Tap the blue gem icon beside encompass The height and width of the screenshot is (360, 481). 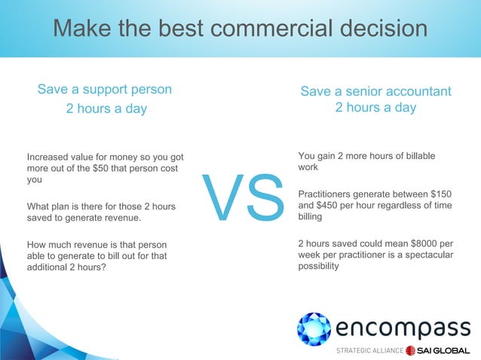pos(314,329)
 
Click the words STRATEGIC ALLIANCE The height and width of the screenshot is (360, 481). pos(368,351)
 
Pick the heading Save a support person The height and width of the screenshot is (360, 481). pos(105,90)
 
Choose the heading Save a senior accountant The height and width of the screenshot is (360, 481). pos(375,92)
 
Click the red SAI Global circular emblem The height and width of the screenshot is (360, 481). pos(412,351)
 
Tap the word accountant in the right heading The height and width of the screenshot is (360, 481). pos(418,92)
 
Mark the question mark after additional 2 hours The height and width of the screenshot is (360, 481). pos(103,267)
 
